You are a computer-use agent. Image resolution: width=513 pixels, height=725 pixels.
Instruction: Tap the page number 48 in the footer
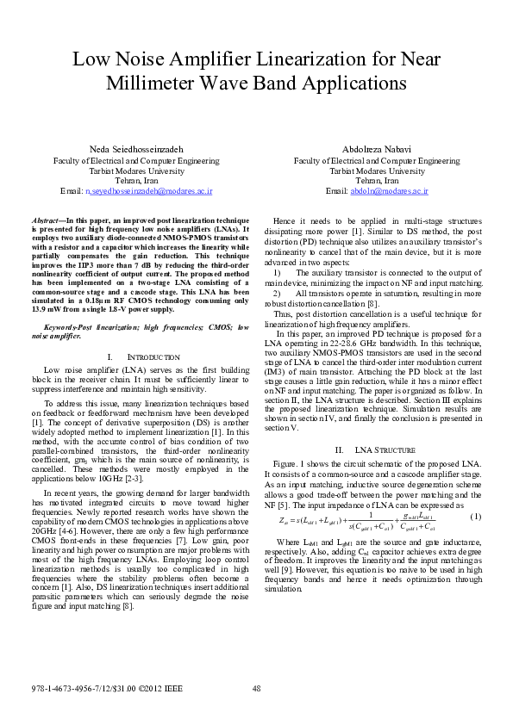pyautogui.click(x=256, y=688)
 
